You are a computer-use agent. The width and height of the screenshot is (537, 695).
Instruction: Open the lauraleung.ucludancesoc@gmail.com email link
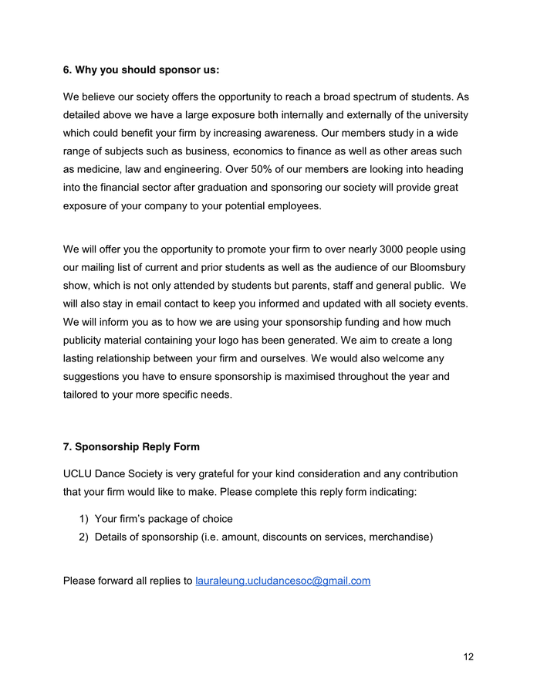[283, 581]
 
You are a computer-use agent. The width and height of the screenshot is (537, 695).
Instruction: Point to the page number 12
[468, 656]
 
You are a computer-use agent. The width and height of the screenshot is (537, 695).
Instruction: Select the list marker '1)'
[83, 519]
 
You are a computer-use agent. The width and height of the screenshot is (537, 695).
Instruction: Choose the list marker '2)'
[83, 537]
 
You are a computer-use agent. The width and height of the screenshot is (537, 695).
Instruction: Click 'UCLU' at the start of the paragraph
[79, 473]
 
